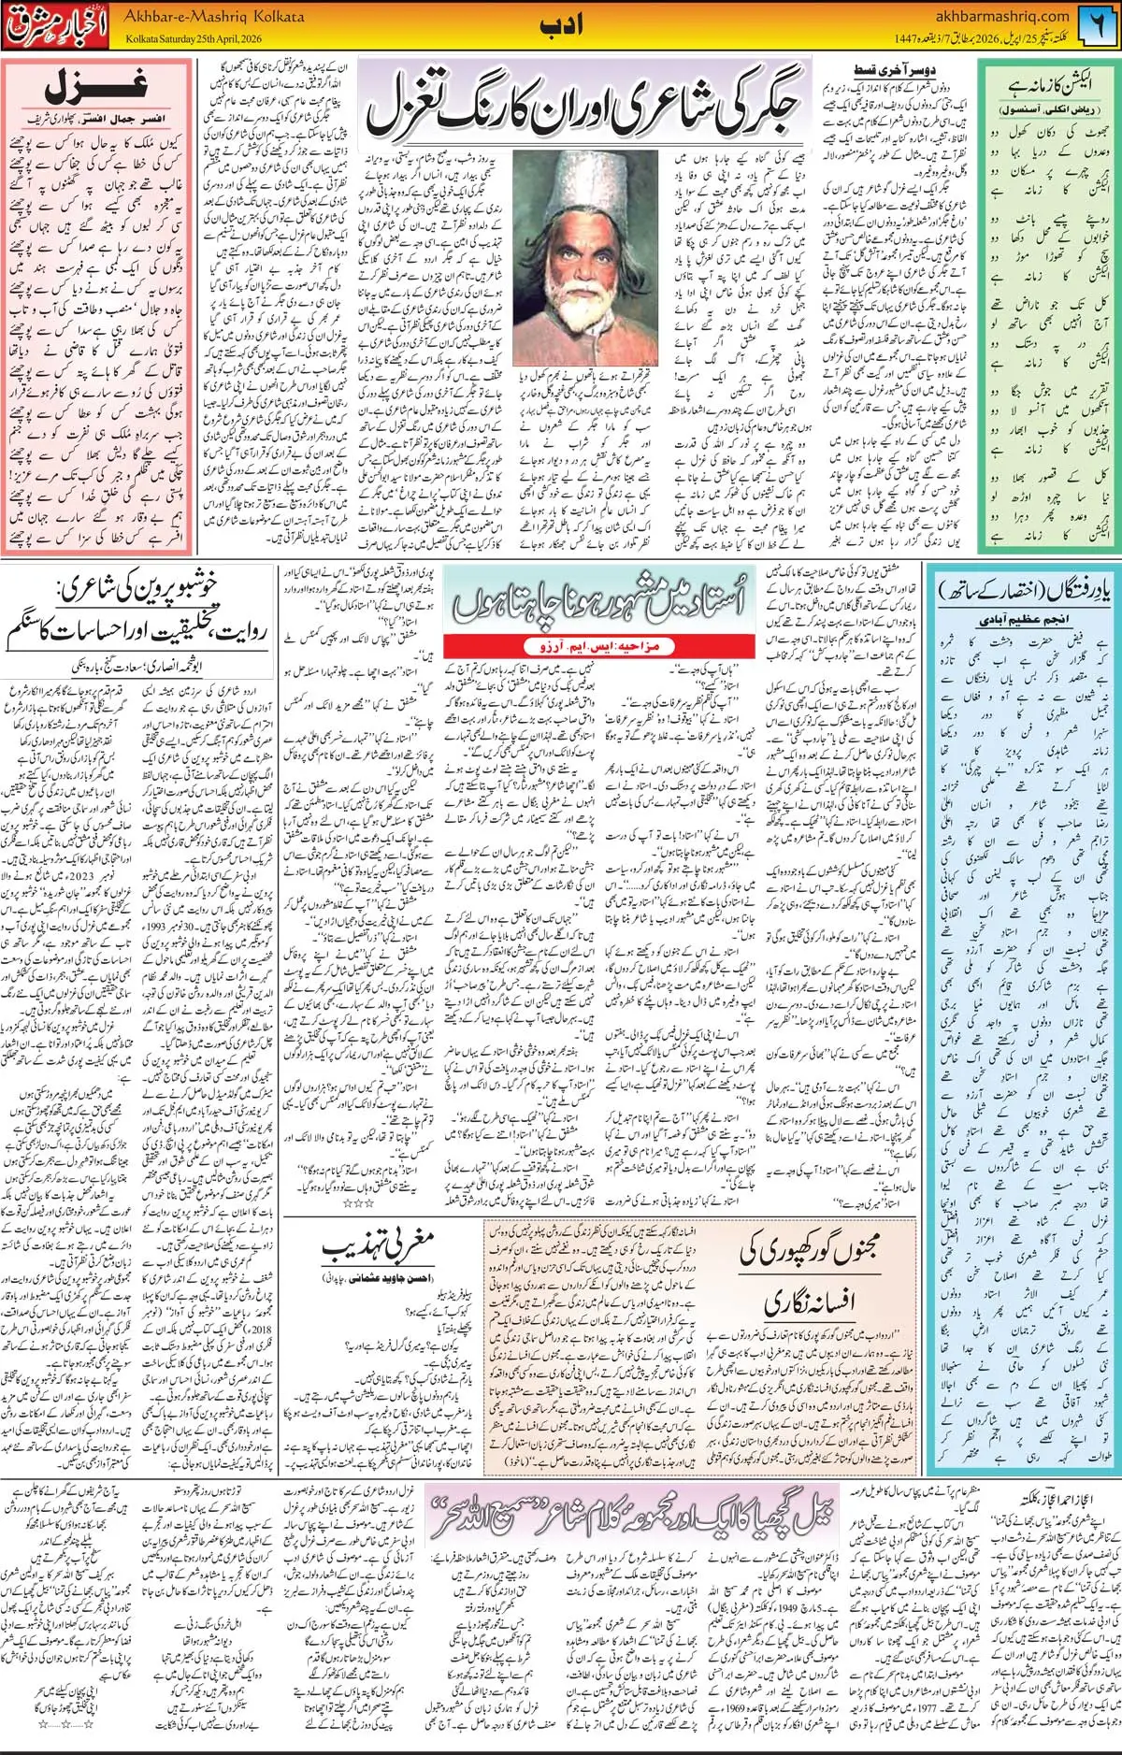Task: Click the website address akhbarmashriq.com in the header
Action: point(1001,16)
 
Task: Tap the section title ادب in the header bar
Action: point(561,25)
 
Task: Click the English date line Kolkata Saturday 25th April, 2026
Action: point(194,39)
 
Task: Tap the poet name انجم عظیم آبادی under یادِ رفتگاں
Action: point(1023,619)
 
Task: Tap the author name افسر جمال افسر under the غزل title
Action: point(70,121)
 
